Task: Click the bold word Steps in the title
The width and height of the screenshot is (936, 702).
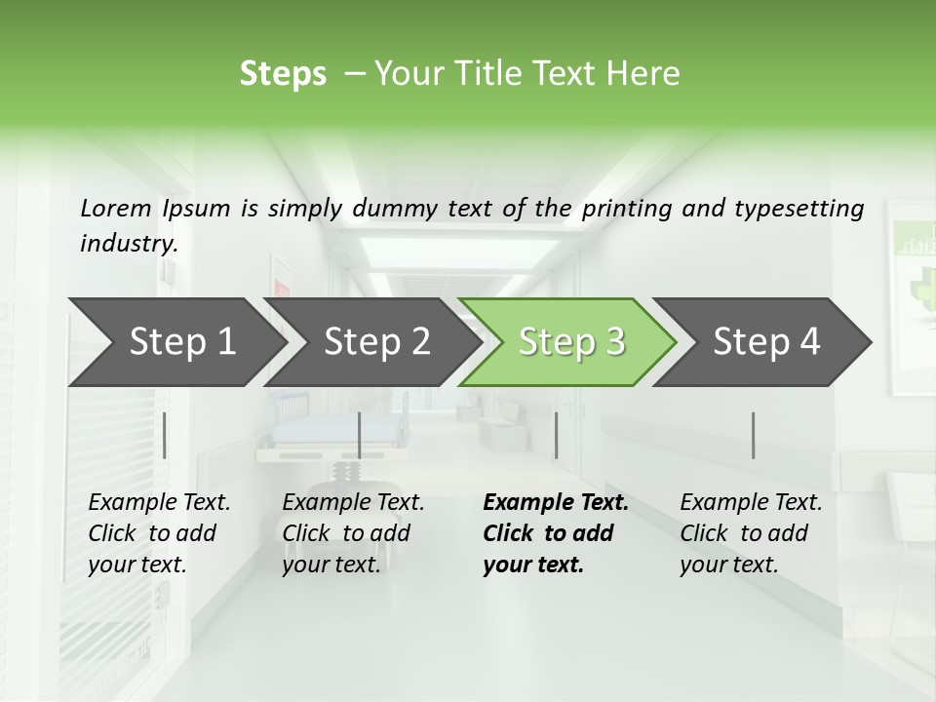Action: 283,73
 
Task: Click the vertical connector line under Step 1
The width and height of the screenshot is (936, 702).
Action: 165,435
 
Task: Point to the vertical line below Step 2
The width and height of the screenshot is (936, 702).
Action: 360,435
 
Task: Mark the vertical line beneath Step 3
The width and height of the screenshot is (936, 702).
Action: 556,435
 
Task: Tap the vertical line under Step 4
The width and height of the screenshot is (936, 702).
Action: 753,435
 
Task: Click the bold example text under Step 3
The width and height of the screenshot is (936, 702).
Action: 554,533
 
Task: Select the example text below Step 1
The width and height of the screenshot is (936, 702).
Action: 158,533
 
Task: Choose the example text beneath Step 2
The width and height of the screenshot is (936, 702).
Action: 352,533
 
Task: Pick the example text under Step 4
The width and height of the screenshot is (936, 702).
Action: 750,533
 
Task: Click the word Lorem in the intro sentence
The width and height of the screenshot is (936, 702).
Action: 116,208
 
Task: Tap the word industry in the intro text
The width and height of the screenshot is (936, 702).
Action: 128,243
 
